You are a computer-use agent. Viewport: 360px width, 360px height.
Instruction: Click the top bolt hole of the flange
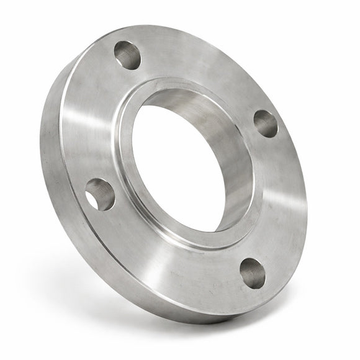(127, 55)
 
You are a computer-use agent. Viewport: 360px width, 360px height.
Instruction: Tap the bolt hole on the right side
(266, 124)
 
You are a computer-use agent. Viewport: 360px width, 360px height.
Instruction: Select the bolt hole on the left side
(100, 194)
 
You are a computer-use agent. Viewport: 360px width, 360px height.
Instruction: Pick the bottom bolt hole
(253, 273)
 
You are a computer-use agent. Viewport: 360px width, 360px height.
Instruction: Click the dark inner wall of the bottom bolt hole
(248, 268)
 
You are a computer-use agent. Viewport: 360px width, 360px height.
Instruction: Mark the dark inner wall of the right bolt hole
(261, 119)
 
